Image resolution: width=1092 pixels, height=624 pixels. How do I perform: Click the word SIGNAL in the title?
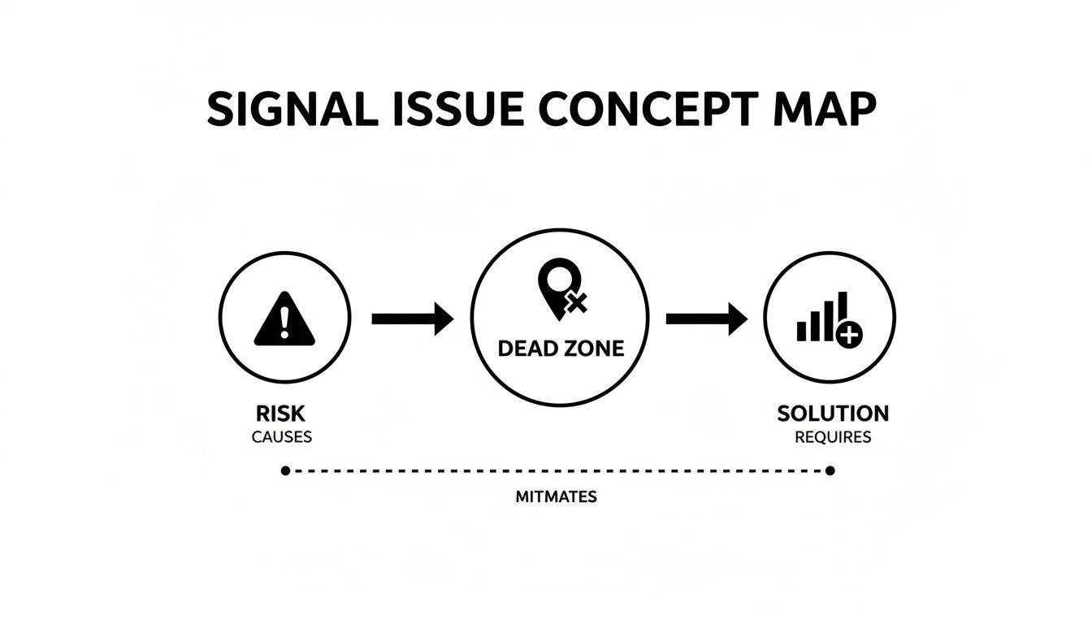click(293, 109)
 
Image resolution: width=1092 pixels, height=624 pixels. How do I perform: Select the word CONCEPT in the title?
click(649, 109)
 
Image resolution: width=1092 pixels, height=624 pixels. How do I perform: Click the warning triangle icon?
click(284, 318)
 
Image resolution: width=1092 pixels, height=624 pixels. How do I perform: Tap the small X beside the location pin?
click(577, 303)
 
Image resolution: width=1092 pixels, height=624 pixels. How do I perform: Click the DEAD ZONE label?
click(561, 349)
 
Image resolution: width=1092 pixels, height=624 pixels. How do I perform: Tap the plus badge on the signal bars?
click(849, 335)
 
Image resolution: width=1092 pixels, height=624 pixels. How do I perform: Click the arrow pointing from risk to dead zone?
click(413, 318)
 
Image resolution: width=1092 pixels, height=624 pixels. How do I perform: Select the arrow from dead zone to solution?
click(707, 318)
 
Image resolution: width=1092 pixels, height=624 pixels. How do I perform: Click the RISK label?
click(281, 414)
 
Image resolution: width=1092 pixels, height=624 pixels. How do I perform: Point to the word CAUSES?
click(282, 437)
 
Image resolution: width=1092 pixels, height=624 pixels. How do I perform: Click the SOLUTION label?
click(833, 414)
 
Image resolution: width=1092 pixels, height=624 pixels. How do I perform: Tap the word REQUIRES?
click(833, 437)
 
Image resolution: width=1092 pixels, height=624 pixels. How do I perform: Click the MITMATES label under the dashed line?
click(557, 496)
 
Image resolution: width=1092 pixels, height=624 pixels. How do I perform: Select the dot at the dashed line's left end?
click(286, 470)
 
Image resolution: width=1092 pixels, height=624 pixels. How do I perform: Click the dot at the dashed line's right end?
click(830, 470)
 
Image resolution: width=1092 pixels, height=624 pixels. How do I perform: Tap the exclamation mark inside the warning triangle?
click(284, 323)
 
